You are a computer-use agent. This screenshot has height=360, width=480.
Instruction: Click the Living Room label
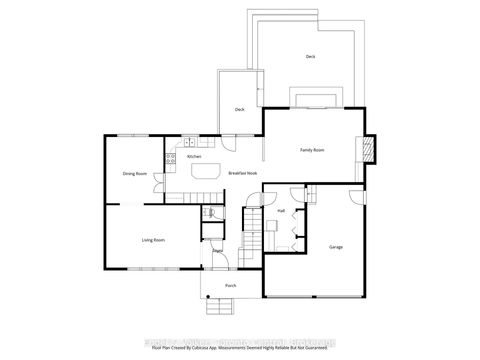coord(153,241)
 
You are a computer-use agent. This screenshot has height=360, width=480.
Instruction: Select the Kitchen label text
coord(194,157)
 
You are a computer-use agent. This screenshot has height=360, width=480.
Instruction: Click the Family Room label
coord(312,150)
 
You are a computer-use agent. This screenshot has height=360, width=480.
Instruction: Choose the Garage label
coord(336,246)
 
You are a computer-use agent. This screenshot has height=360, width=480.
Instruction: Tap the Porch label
coord(230,286)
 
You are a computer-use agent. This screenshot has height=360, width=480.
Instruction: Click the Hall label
coord(282,212)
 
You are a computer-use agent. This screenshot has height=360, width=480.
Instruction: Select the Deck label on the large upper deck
coord(310,57)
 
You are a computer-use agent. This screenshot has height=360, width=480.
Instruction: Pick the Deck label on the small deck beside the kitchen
coord(240,109)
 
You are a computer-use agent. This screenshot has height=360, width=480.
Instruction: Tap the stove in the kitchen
coord(171,157)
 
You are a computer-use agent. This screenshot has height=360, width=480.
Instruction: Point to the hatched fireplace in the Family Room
coord(369,148)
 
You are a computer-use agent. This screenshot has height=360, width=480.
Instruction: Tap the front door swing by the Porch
coord(223,263)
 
